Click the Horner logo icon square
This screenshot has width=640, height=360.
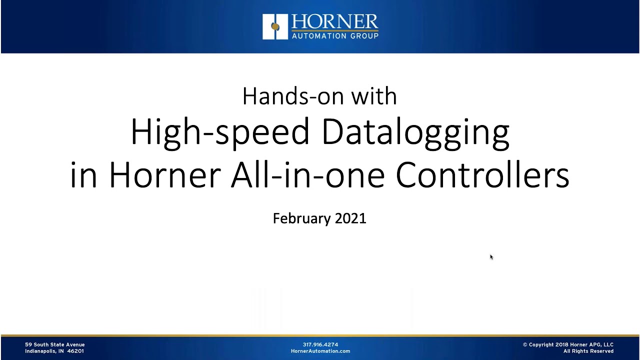[x=275, y=26]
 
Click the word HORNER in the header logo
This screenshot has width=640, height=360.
[x=334, y=22]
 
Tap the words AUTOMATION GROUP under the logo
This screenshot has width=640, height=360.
[x=334, y=36]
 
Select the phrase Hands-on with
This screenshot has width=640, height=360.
[x=319, y=96]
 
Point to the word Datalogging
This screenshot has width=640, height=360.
[x=415, y=132]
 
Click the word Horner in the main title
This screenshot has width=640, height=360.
[x=164, y=174]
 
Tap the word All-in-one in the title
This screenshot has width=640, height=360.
[x=307, y=174]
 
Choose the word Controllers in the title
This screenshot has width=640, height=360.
[x=482, y=174]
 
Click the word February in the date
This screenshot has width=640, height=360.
[x=301, y=218]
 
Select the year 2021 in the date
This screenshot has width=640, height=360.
[x=350, y=218]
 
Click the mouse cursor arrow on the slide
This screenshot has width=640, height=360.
[x=491, y=257]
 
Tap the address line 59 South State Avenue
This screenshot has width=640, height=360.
[x=55, y=344]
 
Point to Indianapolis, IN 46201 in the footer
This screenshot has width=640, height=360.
[x=54, y=351]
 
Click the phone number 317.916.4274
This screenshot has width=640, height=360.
[x=320, y=344]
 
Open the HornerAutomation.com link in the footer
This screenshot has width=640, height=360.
[x=320, y=351]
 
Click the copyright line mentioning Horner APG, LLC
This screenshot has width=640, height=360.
[x=568, y=344]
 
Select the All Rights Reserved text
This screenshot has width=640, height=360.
[x=588, y=351]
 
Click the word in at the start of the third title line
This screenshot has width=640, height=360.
[x=83, y=174]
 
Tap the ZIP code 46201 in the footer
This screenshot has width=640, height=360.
[x=75, y=351]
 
